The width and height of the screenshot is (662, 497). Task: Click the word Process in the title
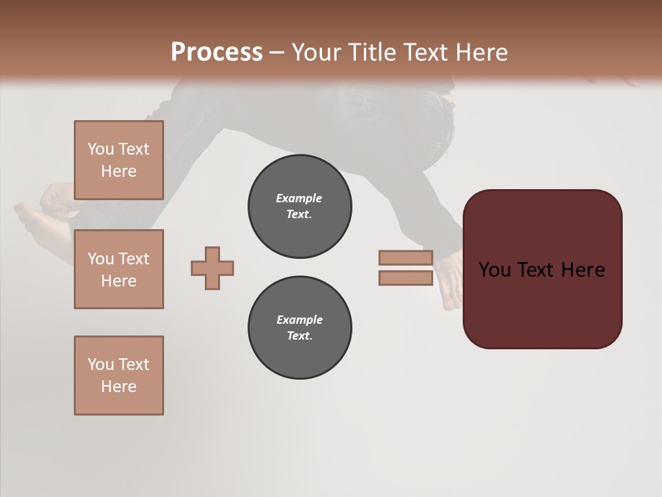click(x=217, y=52)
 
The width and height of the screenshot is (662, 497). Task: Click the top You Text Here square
click(x=119, y=160)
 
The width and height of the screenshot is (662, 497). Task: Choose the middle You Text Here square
click(x=119, y=269)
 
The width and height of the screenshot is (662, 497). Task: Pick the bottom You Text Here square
click(x=119, y=375)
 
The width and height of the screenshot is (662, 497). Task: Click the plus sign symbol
click(x=212, y=268)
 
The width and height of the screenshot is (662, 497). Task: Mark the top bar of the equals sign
click(x=405, y=257)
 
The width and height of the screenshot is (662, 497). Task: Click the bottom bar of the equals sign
click(x=405, y=277)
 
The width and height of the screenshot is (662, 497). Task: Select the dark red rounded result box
click(x=542, y=304)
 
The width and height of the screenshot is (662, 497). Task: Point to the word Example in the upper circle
click(x=299, y=198)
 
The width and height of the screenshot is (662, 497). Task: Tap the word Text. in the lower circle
click(x=299, y=335)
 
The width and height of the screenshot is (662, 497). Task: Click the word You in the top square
click(x=100, y=149)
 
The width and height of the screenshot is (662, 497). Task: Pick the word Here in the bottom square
click(x=119, y=387)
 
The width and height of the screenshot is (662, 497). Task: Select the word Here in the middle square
click(x=119, y=281)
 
